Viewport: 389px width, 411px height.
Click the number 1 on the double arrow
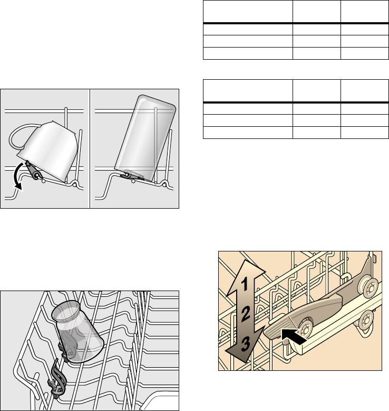click(x=245, y=285)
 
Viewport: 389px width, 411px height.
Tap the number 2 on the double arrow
click(x=246, y=314)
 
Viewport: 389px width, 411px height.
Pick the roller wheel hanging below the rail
click(x=367, y=320)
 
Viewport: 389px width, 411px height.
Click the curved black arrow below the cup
click(x=19, y=176)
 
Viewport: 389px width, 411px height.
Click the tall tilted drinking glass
click(x=145, y=138)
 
